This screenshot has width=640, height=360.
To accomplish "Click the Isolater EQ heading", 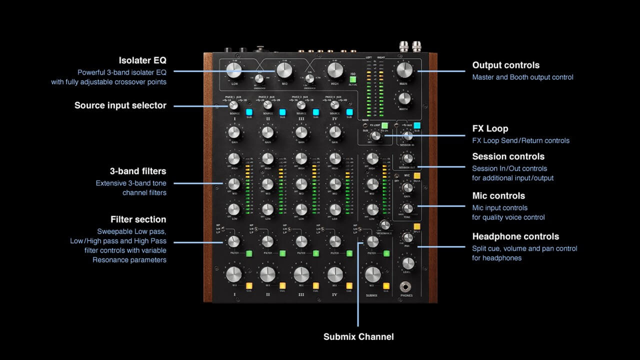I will pos(142,60).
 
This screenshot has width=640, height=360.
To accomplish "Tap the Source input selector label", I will pos(120,105).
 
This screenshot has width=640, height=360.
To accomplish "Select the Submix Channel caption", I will pos(358,336).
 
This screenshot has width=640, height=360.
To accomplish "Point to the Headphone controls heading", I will pos(515,236).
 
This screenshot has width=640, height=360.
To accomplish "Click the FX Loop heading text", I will pos(490,128).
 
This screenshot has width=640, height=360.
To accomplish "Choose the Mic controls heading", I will pos(498,195).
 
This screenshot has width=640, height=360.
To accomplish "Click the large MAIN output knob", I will pos(404,71).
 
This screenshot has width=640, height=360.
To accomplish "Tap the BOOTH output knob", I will pos(405,99).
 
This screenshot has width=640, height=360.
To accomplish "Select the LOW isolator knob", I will pos(234,70).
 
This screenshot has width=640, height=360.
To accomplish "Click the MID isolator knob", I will pos(284,70).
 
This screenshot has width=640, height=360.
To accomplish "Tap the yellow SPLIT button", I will pos(416,226).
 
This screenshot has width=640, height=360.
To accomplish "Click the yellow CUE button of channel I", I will pos(249,286).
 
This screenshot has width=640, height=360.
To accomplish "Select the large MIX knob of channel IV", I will pos(334,274).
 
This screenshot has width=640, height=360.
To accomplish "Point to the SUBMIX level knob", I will pos(372,274).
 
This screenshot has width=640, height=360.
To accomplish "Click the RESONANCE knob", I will pos(384,225).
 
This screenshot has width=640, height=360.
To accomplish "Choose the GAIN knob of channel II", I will pos(267,132).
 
